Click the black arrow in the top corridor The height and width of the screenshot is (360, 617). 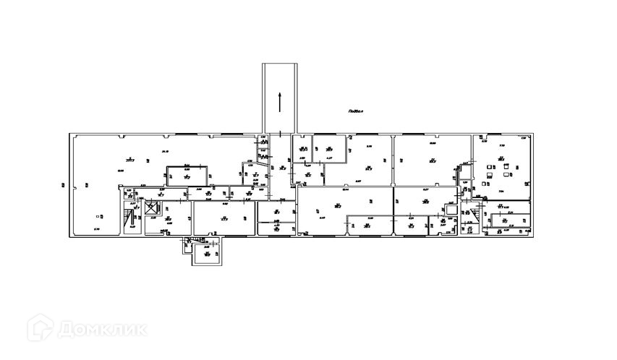click(278, 102)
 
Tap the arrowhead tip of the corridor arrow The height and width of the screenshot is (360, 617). click(278, 93)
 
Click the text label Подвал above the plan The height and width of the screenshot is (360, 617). click(354, 111)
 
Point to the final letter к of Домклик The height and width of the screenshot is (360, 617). click(141, 330)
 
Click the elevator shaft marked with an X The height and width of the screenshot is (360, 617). click(150, 208)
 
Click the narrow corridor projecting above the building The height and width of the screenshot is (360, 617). click(278, 98)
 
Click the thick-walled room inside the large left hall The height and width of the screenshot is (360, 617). click(187, 174)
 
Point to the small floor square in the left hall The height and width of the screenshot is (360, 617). click(98, 215)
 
